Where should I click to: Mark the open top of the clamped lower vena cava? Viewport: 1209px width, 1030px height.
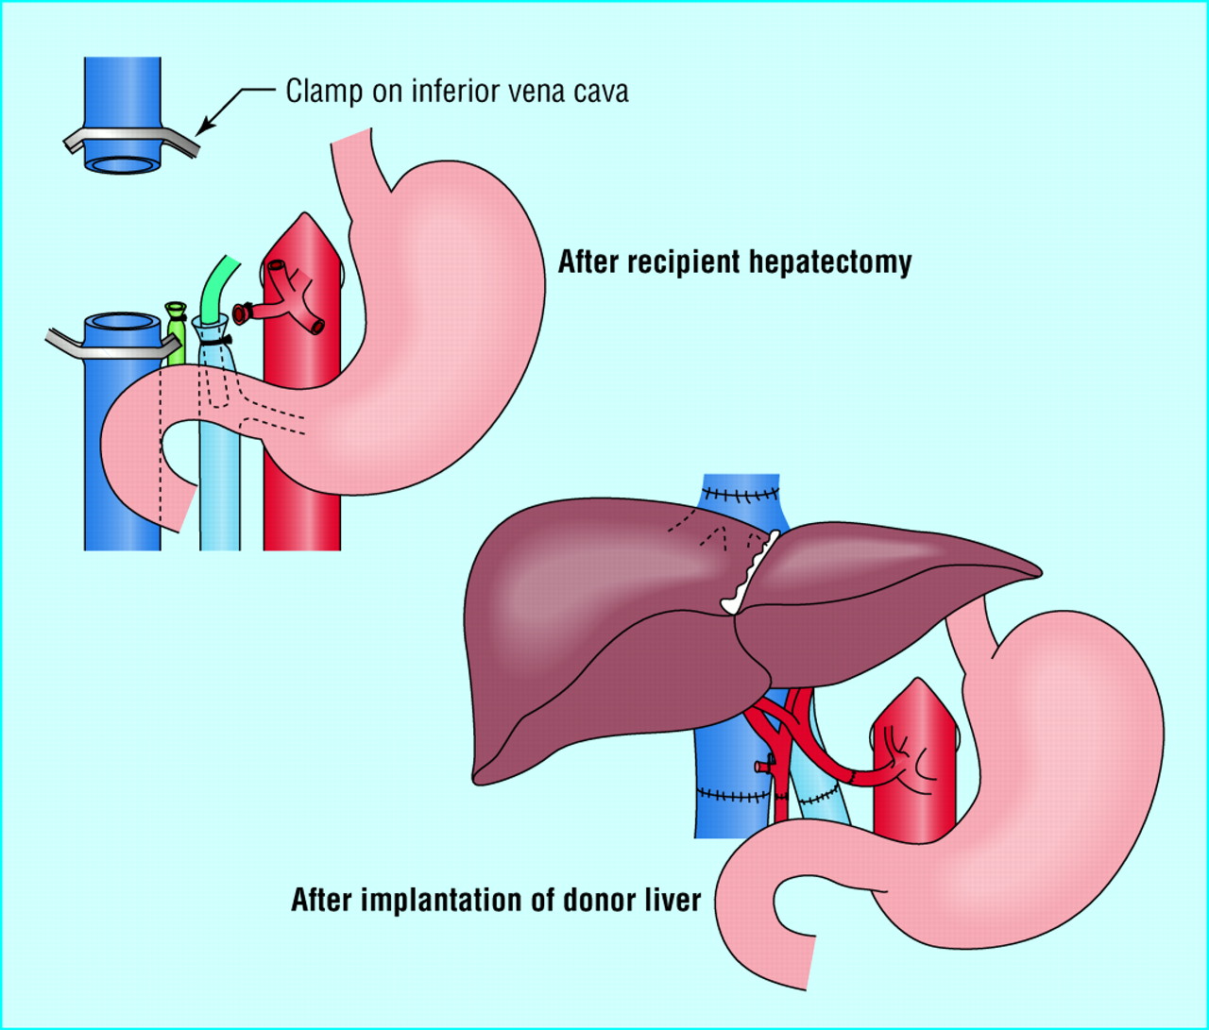(122, 326)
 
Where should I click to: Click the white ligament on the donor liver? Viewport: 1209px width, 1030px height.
(750, 572)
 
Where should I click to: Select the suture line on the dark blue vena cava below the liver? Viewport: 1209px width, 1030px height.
(733, 796)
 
